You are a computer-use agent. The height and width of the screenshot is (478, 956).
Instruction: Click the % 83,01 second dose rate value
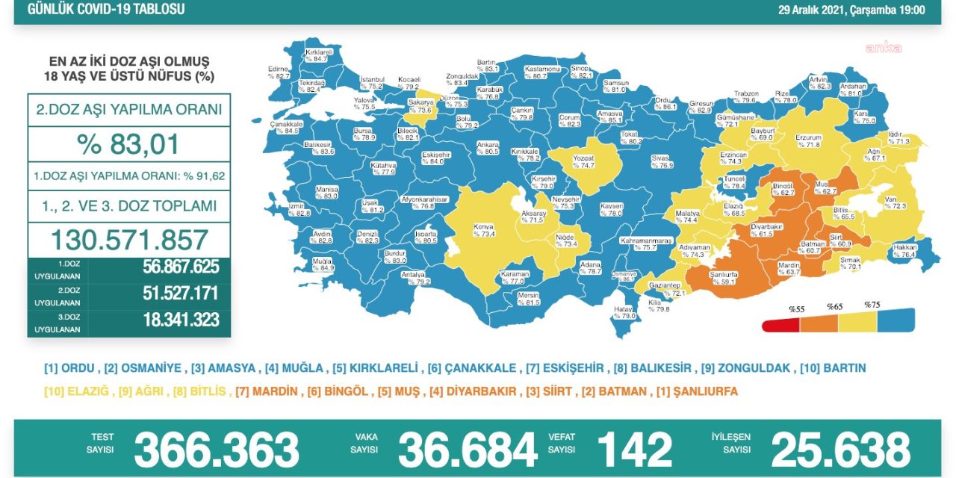coord(128,143)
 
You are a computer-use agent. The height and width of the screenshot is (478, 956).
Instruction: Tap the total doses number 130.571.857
coord(128,240)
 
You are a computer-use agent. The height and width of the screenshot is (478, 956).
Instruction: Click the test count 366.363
coord(216,450)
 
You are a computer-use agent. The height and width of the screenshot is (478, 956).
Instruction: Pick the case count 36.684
coord(467,450)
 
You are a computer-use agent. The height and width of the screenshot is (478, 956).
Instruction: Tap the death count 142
coord(634,450)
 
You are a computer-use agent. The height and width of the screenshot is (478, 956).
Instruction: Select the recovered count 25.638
coord(840,450)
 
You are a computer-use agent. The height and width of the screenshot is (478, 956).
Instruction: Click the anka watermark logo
coord(883,48)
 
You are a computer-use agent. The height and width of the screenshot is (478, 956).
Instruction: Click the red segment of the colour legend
coord(780,325)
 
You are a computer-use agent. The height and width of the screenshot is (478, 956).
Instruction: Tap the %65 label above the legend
coord(834,306)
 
